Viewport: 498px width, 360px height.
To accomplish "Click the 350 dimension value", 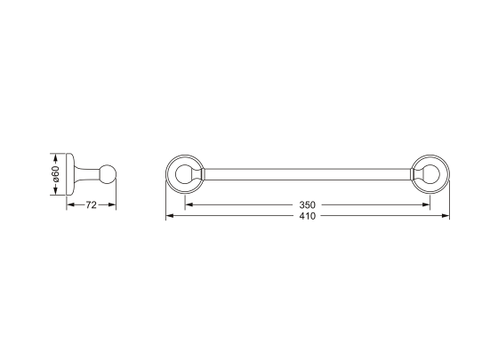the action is [x=307, y=204].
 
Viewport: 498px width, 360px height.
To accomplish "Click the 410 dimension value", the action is [x=307, y=216].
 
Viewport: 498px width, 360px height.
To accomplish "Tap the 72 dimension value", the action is [x=91, y=205].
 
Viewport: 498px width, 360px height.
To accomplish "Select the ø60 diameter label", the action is [x=55, y=174].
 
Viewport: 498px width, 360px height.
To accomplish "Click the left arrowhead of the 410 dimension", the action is [x=170, y=216].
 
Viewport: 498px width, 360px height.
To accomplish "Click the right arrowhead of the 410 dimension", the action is [x=446, y=216].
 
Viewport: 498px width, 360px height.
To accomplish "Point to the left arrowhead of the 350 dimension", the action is [x=189, y=204].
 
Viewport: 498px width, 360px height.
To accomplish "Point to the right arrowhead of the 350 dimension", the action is [x=426, y=204].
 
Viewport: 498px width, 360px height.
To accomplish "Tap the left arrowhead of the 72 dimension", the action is [x=70, y=205].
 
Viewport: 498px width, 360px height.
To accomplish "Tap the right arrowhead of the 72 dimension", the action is [x=112, y=205].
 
